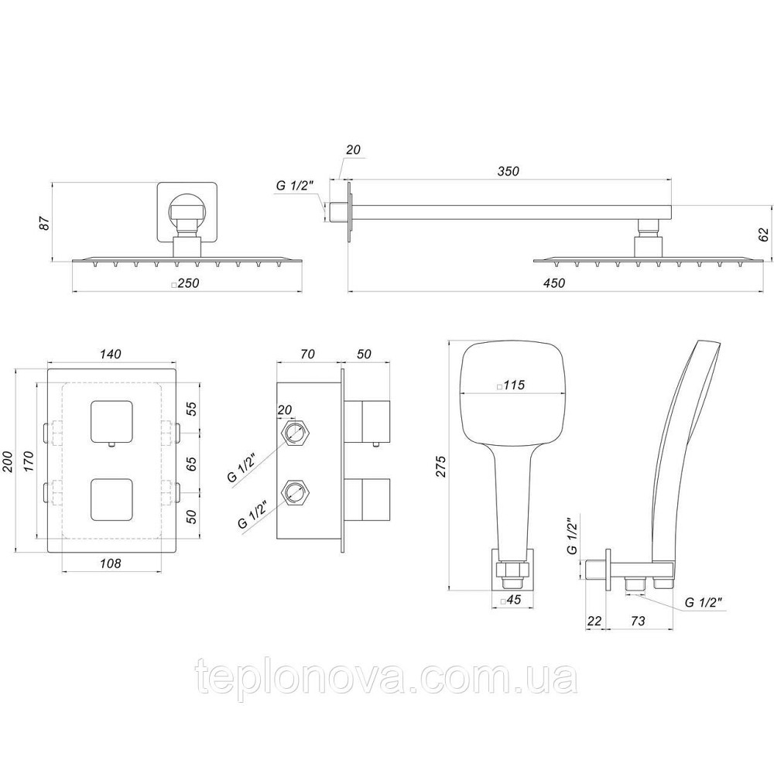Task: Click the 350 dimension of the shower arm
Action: (508, 170)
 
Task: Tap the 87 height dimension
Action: (45, 223)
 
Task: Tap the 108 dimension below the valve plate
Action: (111, 563)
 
